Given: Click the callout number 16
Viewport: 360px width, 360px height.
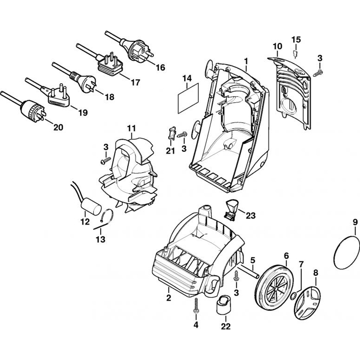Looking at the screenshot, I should point(161,67).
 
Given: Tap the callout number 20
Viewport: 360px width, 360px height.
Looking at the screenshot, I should point(58,127).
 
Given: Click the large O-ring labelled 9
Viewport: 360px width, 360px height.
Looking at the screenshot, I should point(347,255).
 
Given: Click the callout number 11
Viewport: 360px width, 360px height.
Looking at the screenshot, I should point(131,128).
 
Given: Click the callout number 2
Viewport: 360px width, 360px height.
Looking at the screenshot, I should point(168,298).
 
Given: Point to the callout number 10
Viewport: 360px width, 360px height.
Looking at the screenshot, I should point(278,46).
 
